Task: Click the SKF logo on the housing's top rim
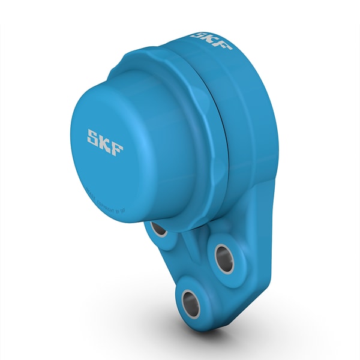pyautogui.click(x=212, y=39)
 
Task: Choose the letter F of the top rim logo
pyautogui.click(x=223, y=45)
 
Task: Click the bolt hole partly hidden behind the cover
pyautogui.click(x=159, y=229)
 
